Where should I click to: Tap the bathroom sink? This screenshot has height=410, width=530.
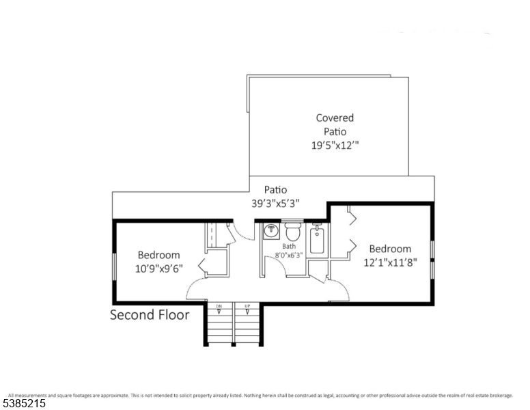271,230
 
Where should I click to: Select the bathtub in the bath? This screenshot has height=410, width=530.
318,241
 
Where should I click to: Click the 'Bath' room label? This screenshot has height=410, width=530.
290,246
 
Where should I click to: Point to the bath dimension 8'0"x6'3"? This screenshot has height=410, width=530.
289,255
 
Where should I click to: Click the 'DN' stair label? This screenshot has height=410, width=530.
219,305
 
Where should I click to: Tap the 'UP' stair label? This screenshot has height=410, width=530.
247,305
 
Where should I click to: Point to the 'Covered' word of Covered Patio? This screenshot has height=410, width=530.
335,118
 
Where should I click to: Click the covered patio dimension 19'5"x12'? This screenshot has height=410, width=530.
335,145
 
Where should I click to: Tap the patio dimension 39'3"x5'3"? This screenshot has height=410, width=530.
276,203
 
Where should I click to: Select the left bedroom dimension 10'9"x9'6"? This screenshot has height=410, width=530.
158,269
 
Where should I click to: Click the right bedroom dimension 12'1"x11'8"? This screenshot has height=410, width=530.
390,262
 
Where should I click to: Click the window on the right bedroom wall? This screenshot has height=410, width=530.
432,260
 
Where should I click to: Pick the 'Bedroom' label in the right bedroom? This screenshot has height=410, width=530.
390,249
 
